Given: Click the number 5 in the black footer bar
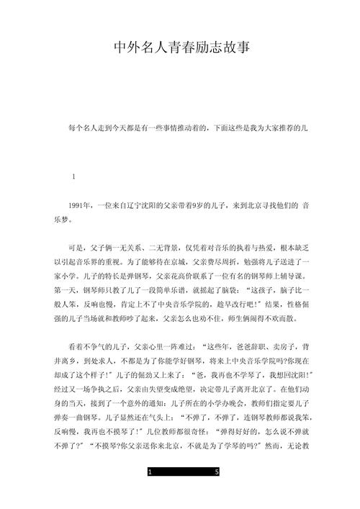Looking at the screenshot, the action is click(x=217, y=492).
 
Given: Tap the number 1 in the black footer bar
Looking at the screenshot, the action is click(x=149, y=492).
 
